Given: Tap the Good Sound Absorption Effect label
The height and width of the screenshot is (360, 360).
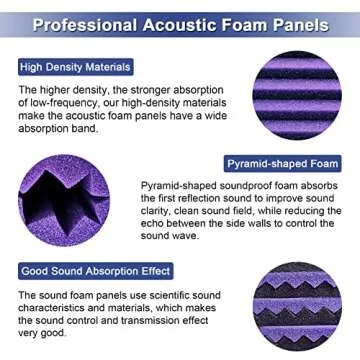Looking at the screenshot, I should tap(96, 271).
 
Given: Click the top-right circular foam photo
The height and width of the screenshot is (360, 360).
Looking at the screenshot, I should tap(298, 95).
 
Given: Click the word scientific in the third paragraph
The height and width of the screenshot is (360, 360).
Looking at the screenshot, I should tap(202, 297).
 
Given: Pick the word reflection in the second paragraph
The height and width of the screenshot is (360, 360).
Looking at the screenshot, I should tap(206, 198).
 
